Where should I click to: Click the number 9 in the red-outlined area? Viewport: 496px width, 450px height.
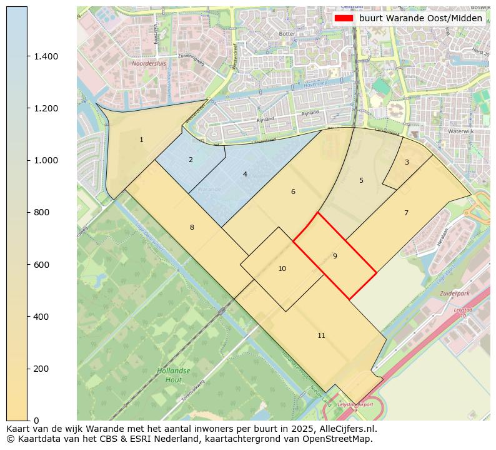coord(335,256)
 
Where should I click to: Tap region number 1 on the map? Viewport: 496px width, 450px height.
coord(141,140)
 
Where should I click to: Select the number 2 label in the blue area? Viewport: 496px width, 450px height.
coord(191,160)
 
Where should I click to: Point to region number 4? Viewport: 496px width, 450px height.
coord(245,174)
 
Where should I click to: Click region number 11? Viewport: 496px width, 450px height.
coord(321,336)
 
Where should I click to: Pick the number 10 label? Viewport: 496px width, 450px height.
coord(282,268)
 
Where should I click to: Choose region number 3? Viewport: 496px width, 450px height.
coord(407,162)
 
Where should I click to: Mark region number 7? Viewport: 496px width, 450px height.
coord(406,213)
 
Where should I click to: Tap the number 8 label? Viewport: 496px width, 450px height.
coord(192,227)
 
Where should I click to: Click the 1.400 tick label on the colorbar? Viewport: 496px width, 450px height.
coord(46,56)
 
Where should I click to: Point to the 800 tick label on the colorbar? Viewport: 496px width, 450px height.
coord(41,213)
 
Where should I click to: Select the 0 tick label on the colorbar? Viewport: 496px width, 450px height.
coord(36,421)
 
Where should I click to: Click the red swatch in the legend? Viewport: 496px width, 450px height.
coord(344,18)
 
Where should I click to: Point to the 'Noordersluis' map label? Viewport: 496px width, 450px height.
coord(148,63)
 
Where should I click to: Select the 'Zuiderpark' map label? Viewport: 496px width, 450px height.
coord(454,293)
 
